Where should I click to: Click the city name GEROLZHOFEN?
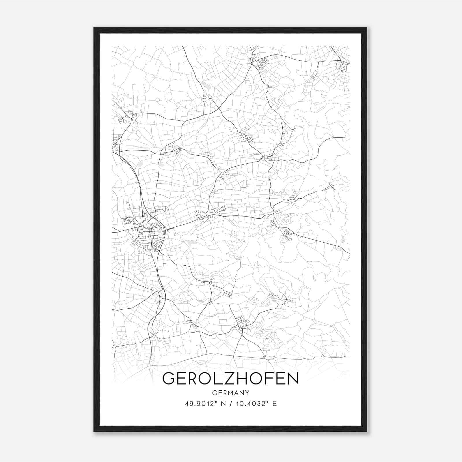tap(230, 379)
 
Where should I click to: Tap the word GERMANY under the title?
tap(230, 393)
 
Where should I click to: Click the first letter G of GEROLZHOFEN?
tap(169, 379)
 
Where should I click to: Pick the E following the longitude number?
tap(275, 404)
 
